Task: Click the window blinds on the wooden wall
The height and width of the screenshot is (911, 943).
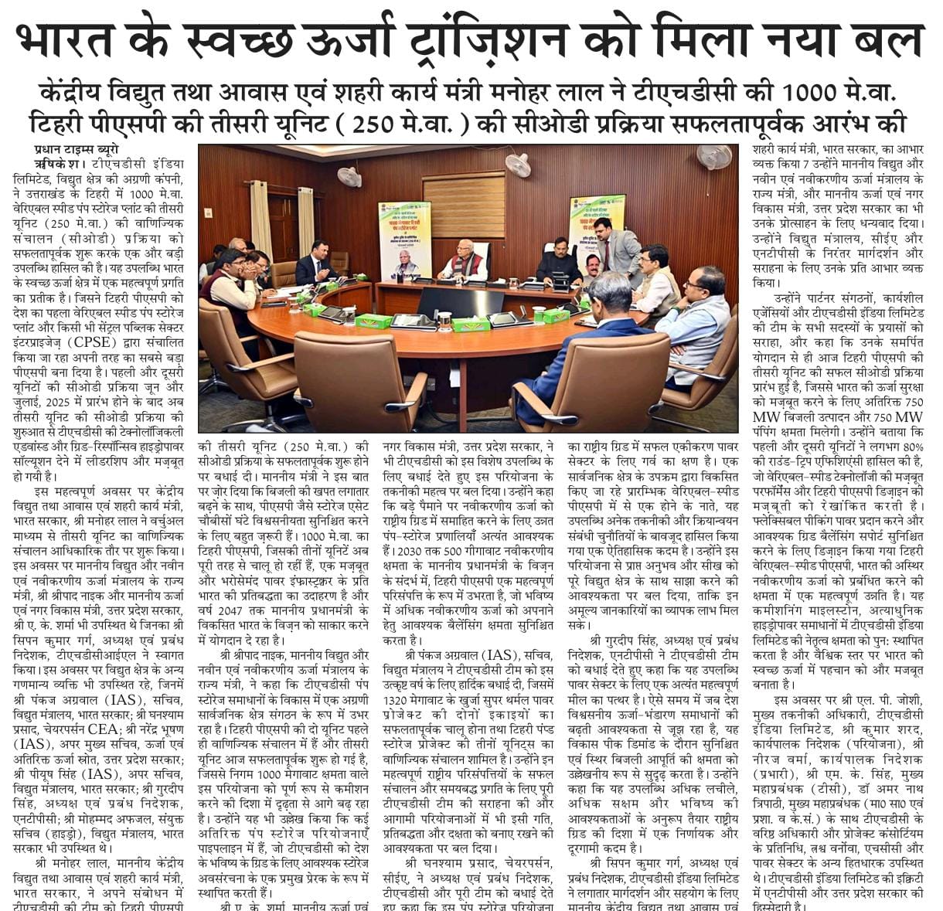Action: coord(452,206)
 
